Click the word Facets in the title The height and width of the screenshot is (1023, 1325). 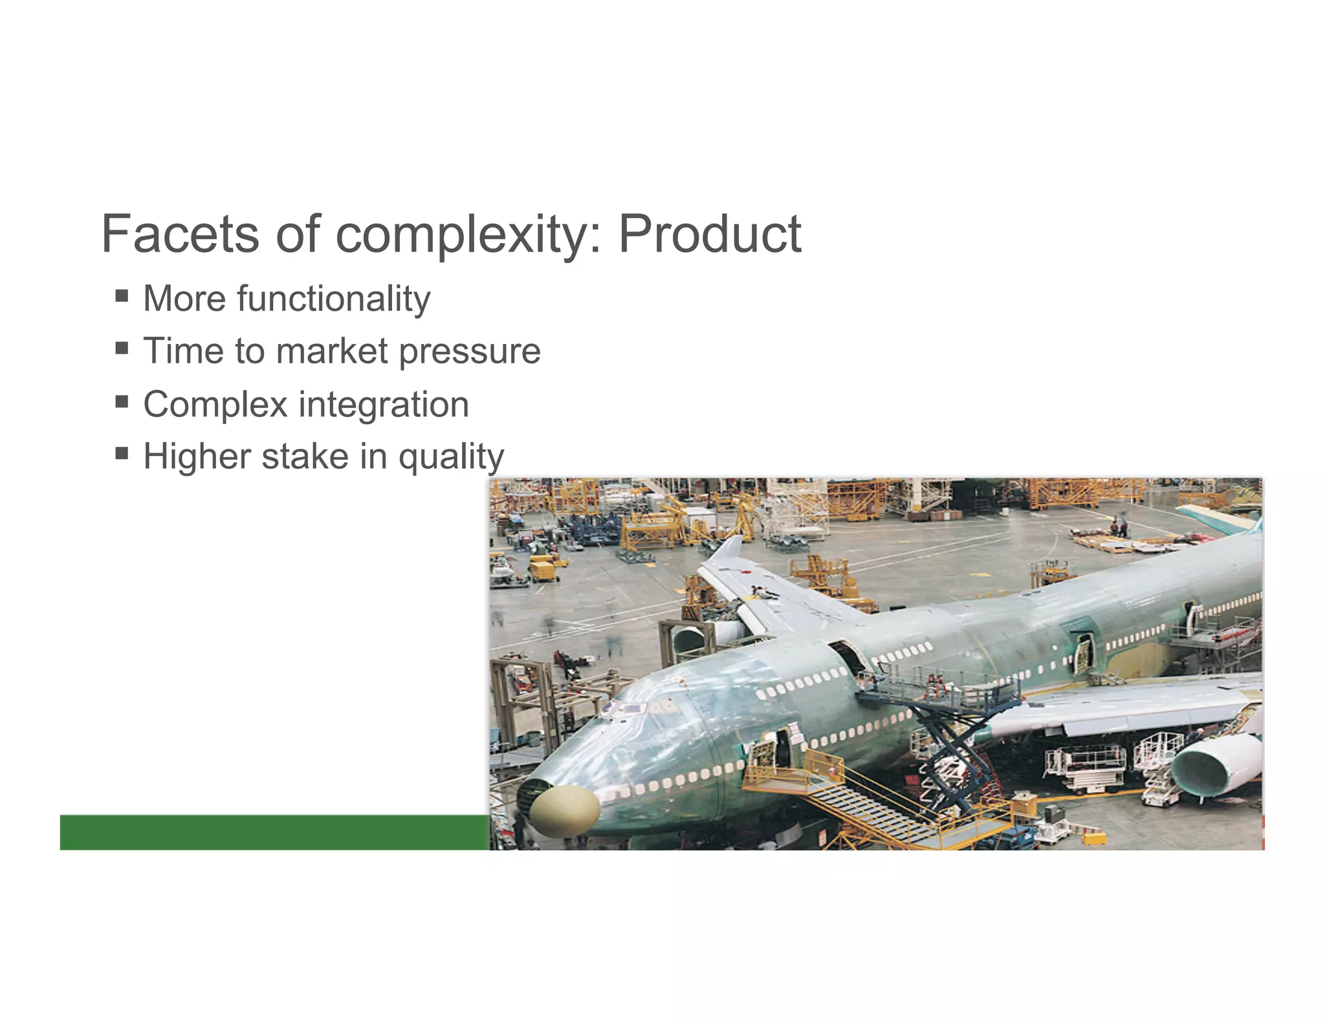180,234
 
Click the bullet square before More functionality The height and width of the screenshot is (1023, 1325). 122,296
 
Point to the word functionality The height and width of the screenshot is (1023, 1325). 333,299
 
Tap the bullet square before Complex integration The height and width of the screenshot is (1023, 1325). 122,402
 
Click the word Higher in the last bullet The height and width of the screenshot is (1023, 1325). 197,457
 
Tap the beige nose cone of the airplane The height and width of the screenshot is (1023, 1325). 565,812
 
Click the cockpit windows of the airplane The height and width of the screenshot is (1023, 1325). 624,708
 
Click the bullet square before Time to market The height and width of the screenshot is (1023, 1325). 122,349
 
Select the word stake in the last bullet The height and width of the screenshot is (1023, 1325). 305,457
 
